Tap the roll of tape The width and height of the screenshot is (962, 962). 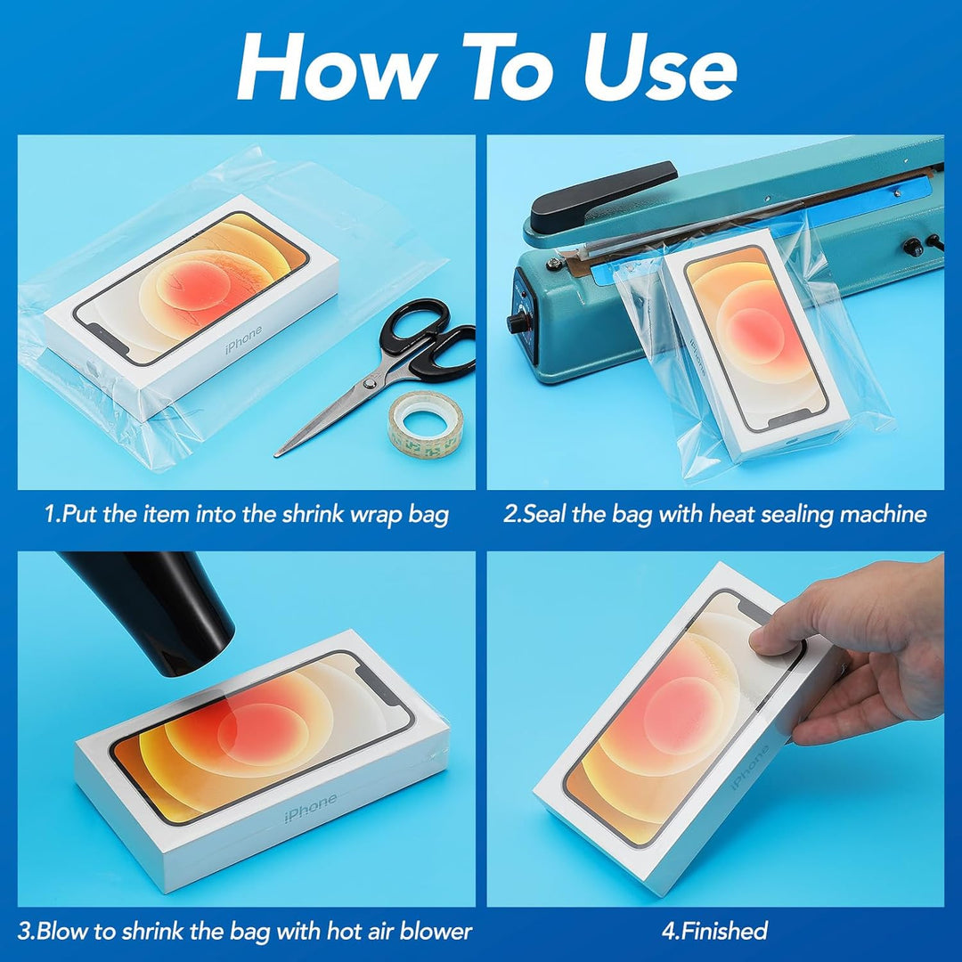click(425, 421)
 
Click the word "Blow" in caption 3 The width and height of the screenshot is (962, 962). click(61, 931)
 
